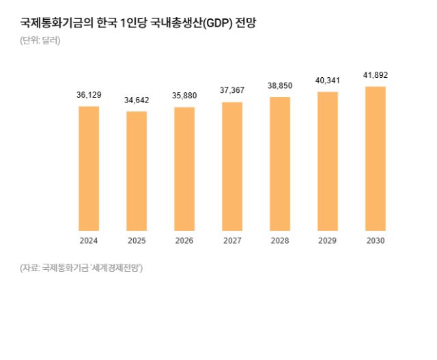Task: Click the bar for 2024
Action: click(x=89, y=168)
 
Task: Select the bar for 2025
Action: click(x=137, y=171)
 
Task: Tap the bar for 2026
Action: click(x=184, y=169)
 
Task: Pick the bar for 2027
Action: click(x=232, y=166)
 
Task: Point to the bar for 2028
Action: click(x=280, y=163)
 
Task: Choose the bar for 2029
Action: click(x=328, y=161)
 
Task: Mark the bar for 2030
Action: click(x=376, y=158)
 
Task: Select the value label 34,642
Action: click(x=137, y=100)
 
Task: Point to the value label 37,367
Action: click(x=232, y=91)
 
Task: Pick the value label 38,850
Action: click(x=280, y=86)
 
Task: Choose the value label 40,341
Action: click(x=328, y=81)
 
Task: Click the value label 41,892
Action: click(x=376, y=75)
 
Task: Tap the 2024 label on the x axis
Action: click(x=89, y=240)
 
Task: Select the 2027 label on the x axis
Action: click(x=232, y=240)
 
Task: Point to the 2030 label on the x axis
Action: click(x=376, y=240)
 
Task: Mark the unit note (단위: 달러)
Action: click(x=40, y=40)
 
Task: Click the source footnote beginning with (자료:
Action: click(x=81, y=268)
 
